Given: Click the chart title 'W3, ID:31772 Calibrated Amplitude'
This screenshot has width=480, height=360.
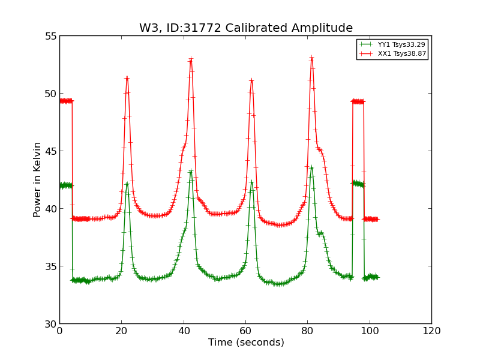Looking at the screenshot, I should tap(246, 28).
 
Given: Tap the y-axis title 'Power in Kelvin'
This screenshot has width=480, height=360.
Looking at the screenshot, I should tap(37, 179).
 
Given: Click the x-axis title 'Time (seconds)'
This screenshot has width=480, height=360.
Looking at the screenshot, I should tap(246, 343).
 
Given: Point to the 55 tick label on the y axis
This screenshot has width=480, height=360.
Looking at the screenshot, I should tap(50, 36).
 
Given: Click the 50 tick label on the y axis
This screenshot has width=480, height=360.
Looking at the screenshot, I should tap(50, 94).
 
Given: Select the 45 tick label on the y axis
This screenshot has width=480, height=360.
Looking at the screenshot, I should tap(50, 151).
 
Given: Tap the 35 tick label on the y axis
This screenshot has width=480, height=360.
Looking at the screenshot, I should tap(50, 266).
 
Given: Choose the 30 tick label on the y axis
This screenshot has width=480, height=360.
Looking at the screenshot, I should tap(50, 324).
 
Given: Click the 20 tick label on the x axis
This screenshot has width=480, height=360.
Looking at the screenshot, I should tap(122, 331).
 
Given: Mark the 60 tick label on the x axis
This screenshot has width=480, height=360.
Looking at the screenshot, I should tap(245, 331).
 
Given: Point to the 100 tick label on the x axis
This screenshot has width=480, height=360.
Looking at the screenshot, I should tap(370, 331).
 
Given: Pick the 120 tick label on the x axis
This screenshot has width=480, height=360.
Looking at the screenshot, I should tap(431, 331).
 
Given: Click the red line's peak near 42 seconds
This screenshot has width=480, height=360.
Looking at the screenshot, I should tap(191, 59).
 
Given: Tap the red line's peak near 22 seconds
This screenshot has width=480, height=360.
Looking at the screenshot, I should tap(127, 78).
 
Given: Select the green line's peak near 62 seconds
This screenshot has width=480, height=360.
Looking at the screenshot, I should tap(251, 181).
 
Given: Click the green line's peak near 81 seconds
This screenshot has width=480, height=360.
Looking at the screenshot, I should tap(311, 167).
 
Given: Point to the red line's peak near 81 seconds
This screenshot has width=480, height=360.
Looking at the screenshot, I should tap(311, 58).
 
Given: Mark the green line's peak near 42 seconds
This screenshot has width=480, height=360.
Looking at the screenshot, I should tap(191, 171).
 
